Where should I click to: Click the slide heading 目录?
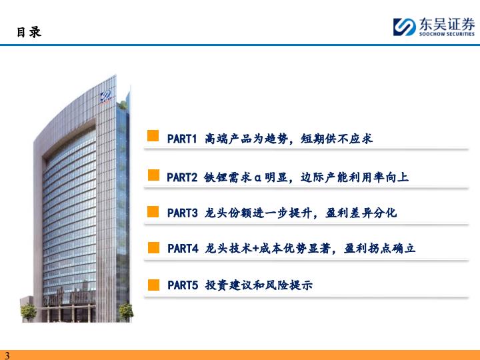pyautogui.click(x=29, y=32)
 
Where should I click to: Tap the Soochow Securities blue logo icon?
pyautogui.click(x=405, y=27)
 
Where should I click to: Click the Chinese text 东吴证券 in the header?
pyautogui.click(x=447, y=24)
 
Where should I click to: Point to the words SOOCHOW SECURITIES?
pyautogui.click(x=447, y=34)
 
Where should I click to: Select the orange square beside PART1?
pyautogui.click(x=153, y=135)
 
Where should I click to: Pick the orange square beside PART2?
pyautogui.click(x=154, y=175)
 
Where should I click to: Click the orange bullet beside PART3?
pyautogui.click(x=153, y=211)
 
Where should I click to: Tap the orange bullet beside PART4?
pyautogui.click(x=154, y=247)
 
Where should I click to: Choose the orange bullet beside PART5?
pyautogui.click(x=154, y=285)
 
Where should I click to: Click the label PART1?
pyautogui.click(x=182, y=139)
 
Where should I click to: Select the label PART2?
pyautogui.click(x=182, y=177)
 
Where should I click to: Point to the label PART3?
pyautogui.click(x=183, y=213)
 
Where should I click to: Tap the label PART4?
pyautogui.click(x=183, y=249)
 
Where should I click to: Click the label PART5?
pyautogui.click(x=183, y=285)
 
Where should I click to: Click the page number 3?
pyautogui.click(x=7, y=355)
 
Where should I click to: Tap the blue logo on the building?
pyautogui.click(x=106, y=96)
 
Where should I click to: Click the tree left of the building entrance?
pyautogui.click(x=29, y=312)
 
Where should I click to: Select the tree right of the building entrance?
pyautogui.click(x=126, y=311)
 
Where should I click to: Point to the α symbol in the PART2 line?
pyautogui.click(x=258, y=178)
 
